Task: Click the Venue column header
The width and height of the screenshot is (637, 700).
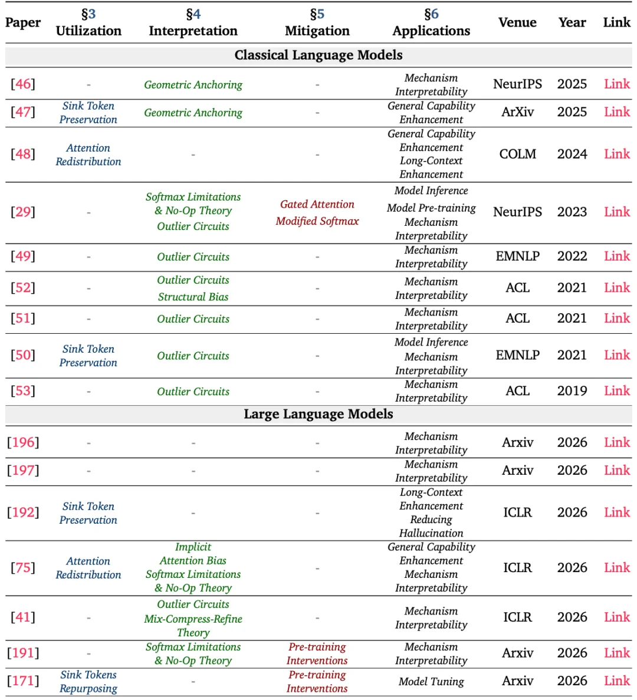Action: tap(517, 22)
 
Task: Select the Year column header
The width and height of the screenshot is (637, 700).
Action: tap(572, 22)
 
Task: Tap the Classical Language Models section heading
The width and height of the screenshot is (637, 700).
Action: tap(318, 55)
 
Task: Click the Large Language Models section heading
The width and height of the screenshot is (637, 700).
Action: tap(318, 414)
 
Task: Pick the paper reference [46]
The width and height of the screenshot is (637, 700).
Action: tap(23, 84)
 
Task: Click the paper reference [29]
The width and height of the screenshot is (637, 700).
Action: tap(23, 212)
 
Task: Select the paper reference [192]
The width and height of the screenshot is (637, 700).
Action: tap(23, 512)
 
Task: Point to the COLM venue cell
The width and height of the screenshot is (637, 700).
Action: tap(517, 154)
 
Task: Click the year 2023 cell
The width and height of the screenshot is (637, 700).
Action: tap(572, 212)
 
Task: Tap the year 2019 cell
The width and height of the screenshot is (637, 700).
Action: tap(572, 390)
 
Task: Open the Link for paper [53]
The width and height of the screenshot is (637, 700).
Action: tap(617, 390)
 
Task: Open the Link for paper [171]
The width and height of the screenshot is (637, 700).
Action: tap(617, 681)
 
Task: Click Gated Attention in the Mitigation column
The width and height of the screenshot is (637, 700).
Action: tap(317, 204)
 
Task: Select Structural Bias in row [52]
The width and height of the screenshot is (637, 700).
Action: tap(193, 297)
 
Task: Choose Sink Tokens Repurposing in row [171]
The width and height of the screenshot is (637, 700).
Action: tap(88, 681)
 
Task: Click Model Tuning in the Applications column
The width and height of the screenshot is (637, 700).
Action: tap(431, 681)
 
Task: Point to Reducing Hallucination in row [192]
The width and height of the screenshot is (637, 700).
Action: tap(431, 526)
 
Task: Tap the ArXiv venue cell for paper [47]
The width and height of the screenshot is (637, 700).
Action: tap(517, 111)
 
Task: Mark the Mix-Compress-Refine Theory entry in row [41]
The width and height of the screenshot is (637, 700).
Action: tap(193, 625)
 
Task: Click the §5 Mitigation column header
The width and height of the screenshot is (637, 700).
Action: tap(317, 22)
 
